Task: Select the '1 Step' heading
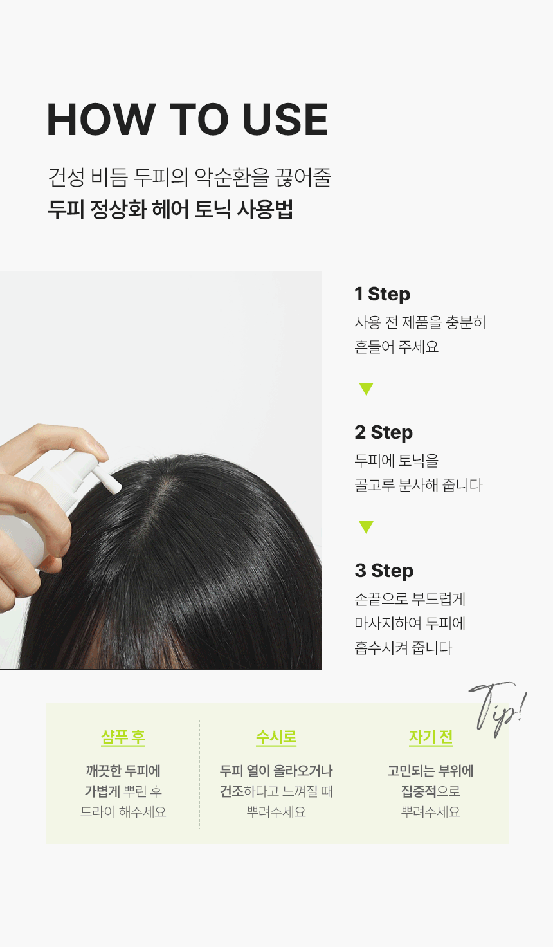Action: [383, 294]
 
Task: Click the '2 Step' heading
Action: [384, 432]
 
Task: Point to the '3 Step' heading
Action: [384, 570]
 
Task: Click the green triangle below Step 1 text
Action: [366, 388]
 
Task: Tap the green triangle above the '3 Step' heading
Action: [366, 527]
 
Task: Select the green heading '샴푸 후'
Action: [123, 737]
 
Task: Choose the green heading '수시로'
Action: [276, 737]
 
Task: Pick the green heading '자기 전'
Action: [431, 737]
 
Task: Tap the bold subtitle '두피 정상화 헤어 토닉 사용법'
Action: [170, 209]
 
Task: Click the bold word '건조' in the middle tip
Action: [231, 791]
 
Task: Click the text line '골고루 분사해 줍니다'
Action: [419, 485]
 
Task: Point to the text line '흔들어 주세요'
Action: [397, 347]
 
